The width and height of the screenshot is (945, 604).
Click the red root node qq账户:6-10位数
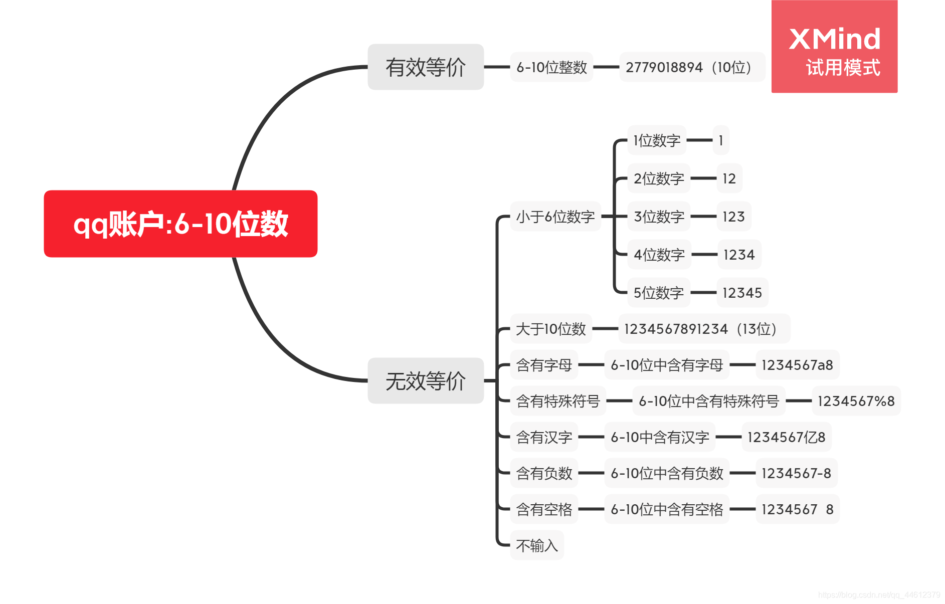[x=180, y=224]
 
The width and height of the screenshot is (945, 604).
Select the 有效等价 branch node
[x=425, y=67]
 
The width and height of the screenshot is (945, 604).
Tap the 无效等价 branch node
[x=425, y=380]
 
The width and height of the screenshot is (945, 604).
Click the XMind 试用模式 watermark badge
[x=834, y=47]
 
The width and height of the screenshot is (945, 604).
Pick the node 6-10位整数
[x=551, y=67]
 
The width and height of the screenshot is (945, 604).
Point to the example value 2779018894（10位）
[x=691, y=67]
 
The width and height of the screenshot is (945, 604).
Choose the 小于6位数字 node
[x=555, y=217]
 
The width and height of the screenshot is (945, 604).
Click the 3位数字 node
[x=659, y=217]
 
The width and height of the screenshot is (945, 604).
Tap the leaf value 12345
[x=742, y=293]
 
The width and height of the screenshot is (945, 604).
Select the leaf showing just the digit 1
[x=721, y=140]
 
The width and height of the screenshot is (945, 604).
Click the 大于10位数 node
[x=550, y=329]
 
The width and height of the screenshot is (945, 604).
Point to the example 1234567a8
[x=797, y=365]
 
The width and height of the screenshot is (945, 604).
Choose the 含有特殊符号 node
[x=557, y=401]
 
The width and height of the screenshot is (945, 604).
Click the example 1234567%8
[x=856, y=401]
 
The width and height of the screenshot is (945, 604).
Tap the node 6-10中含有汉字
[x=659, y=437]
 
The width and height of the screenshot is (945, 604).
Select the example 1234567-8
[x=796, y=473]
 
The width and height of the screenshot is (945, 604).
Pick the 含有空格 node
[x=544, y=509]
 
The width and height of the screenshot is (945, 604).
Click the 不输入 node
[x=536, y=545]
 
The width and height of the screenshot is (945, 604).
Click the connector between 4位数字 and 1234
[x=704, y=255]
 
